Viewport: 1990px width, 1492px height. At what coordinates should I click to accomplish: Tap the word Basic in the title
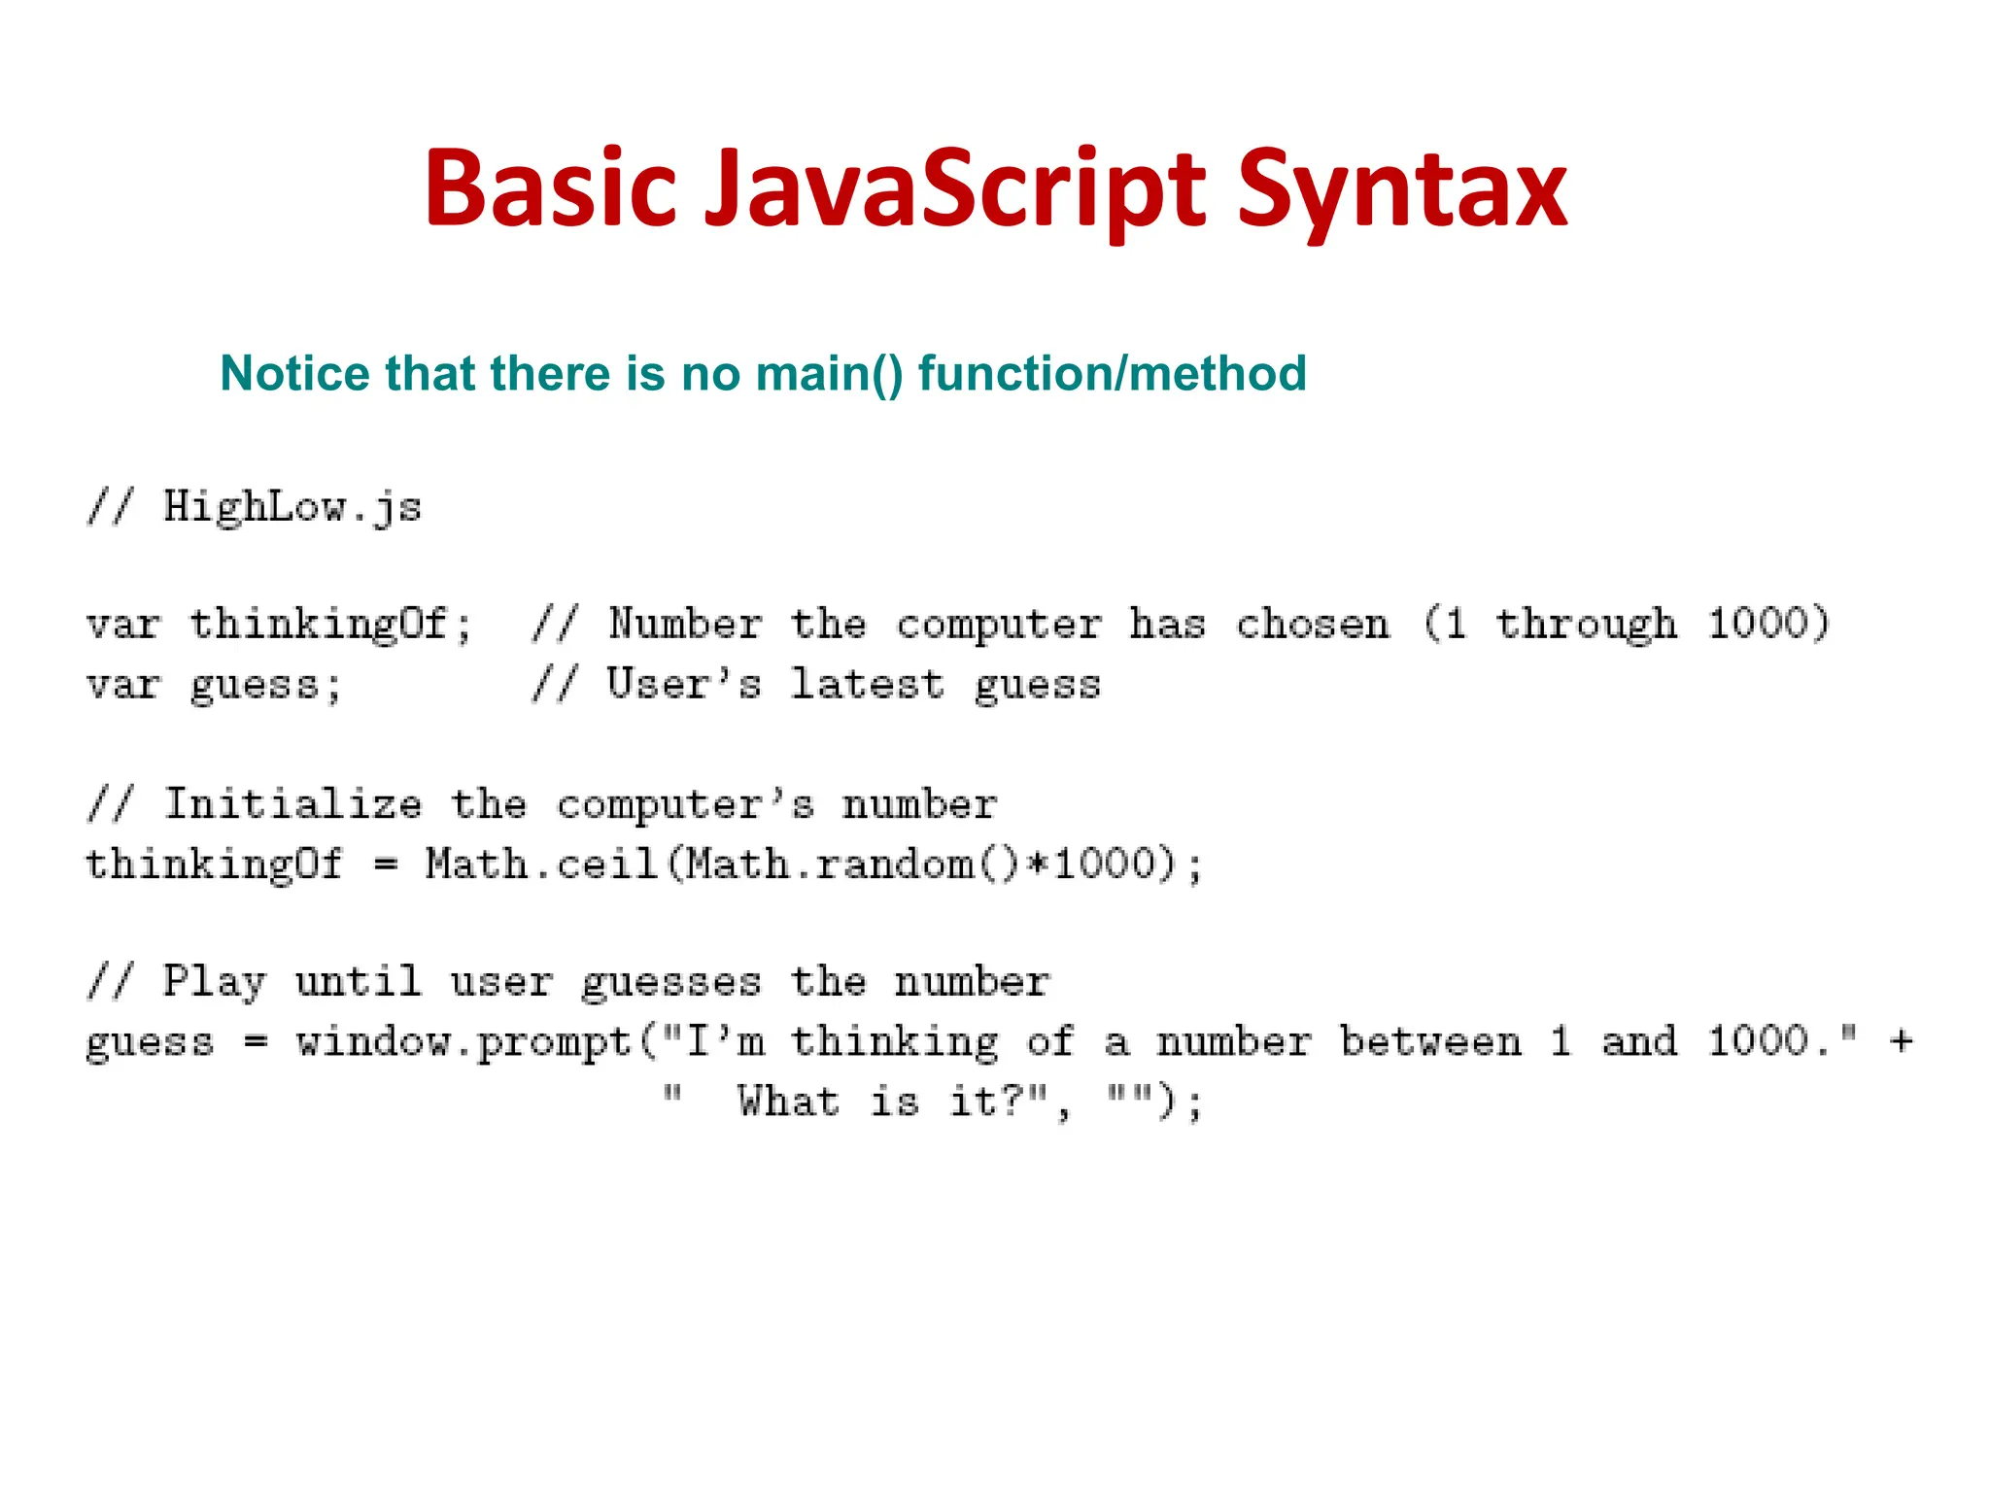550,189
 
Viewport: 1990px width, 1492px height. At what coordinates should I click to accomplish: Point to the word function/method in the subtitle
1113,374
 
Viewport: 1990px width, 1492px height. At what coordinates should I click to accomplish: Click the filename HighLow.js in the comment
292,508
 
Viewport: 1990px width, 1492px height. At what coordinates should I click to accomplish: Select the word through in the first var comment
1586,625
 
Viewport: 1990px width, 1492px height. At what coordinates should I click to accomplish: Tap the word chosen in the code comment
1312,625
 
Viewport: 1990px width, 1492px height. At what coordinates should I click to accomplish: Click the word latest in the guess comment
867,685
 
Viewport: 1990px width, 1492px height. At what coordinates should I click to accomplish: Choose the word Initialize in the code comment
292,805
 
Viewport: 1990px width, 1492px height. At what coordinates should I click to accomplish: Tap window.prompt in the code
464,1042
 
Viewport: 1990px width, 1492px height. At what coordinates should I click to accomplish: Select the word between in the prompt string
1430,1042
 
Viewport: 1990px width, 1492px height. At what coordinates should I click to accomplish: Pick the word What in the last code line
788,1102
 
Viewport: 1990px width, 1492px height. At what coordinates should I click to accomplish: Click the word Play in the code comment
214,982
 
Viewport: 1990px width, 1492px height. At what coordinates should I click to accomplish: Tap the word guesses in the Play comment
670,982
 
